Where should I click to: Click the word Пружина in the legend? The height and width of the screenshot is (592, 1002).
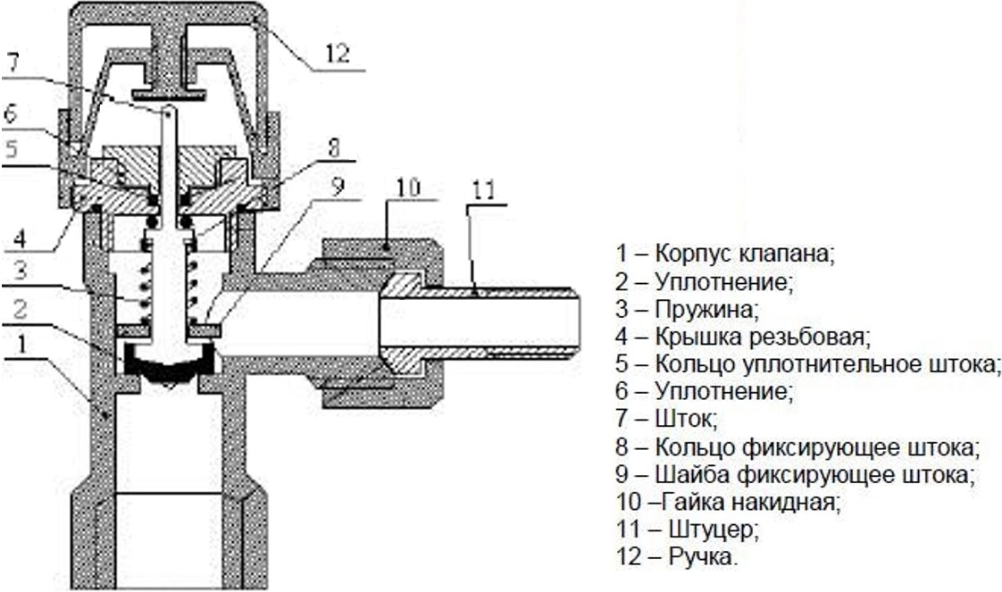[706, 310]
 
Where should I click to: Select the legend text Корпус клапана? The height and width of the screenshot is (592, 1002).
[744, 253]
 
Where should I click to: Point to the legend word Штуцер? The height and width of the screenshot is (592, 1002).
[714, 529]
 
